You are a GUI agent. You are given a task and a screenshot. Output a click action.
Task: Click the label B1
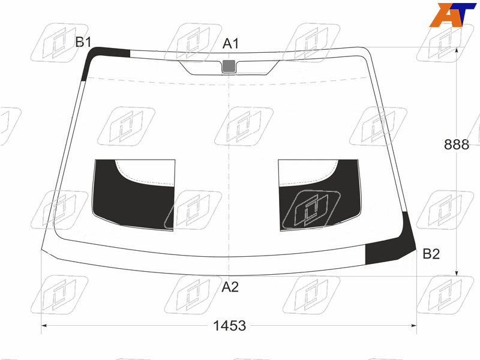(x=83, y=42)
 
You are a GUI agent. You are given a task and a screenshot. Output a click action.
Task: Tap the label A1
(x=230, y=44)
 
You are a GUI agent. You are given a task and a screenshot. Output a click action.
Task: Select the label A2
(x=230, y=287)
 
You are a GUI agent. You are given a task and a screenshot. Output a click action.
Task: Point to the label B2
(x=431, y=254)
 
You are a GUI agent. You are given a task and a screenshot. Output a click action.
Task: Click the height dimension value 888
(x=457, y=145)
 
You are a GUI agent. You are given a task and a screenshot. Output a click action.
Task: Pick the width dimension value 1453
(x=230, y=326)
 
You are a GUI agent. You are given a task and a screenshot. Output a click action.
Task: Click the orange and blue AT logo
(x=452, y=14)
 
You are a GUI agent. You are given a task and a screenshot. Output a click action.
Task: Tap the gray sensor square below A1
(x=229, y=66)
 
